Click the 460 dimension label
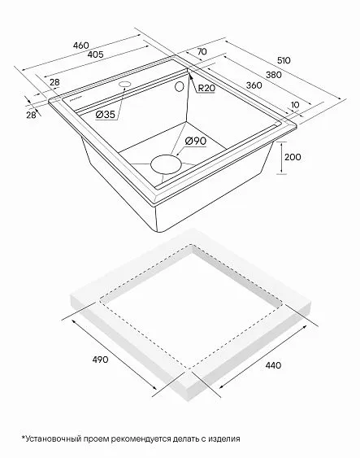coord(80,46)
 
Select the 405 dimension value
coord(95,55)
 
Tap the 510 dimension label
coord(284,60)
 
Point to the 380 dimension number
coord(274,75)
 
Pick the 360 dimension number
coord(254,85)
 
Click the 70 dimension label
coord(202,51)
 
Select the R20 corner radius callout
coord(206,88)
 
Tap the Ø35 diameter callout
coord(106,115)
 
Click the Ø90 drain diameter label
coord(196,141)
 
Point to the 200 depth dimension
coord(293,157)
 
